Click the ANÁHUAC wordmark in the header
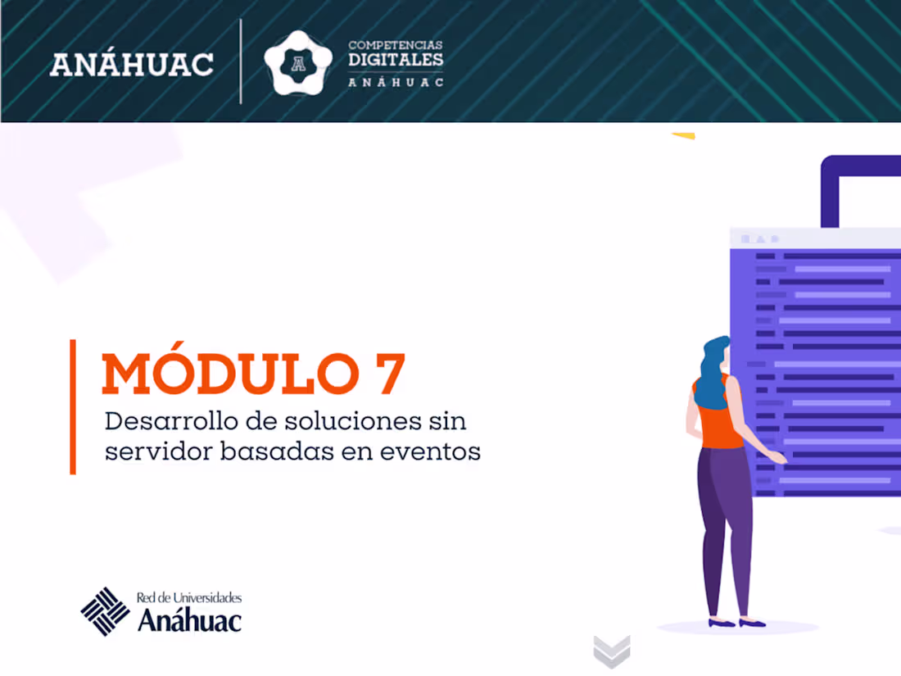132,64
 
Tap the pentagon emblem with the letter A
298,63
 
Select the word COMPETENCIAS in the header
396,45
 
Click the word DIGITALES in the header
396,60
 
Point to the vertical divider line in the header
241,61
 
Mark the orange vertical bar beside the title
73,406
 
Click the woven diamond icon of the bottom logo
105,611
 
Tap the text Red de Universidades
189,598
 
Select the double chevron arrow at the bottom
612,652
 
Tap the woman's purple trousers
726,524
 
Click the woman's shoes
736,624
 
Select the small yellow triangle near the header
683,136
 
